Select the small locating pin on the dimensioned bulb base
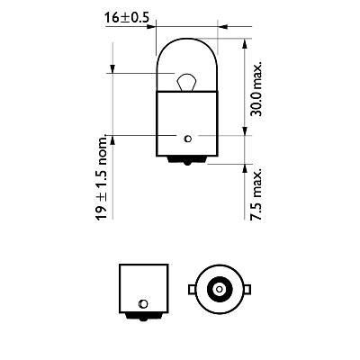tap(186, 138)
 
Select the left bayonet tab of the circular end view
tap(190, 289)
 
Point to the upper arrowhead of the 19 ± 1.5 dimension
tap(112, 74)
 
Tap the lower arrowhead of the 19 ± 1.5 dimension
tap(112, 133)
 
